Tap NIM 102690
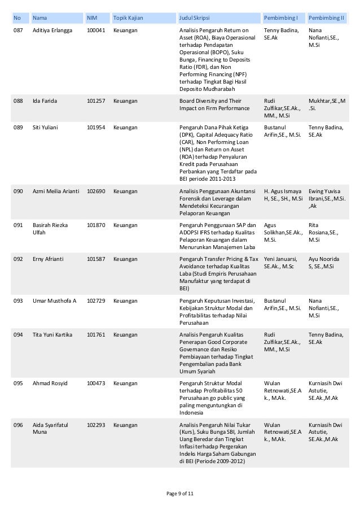coord(95,191)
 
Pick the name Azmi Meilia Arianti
coord(56,191)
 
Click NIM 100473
coord(95,383)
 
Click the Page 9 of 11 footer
coord(180,494)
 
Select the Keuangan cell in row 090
coord(126,191)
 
